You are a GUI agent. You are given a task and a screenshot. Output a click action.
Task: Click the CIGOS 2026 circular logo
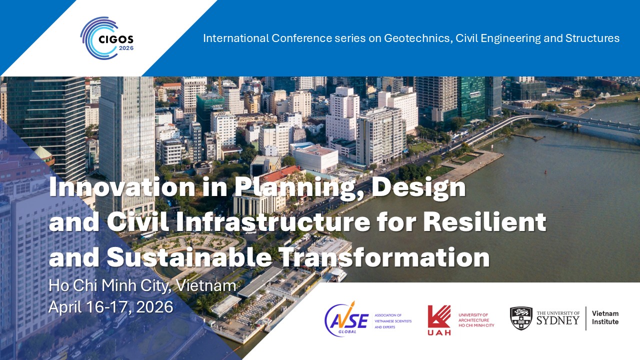107,38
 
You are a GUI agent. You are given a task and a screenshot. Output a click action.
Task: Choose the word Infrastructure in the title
273,222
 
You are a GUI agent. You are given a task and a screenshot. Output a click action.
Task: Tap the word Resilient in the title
485,222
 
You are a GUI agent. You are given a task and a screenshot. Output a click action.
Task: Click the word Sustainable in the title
189,257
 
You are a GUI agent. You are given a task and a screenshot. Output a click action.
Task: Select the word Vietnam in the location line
206,285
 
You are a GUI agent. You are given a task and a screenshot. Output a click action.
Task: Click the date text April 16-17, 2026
111,307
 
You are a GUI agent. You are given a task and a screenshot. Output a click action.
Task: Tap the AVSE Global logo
346,319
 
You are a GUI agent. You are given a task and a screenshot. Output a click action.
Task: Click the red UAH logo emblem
439,320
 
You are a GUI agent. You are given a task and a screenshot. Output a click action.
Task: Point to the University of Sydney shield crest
521,318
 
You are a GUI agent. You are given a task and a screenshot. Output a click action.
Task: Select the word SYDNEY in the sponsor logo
557,320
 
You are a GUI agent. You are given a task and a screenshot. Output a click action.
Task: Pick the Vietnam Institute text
605,317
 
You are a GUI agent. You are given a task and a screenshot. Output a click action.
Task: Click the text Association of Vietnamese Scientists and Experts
393,321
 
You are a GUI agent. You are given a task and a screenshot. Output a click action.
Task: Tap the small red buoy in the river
545,171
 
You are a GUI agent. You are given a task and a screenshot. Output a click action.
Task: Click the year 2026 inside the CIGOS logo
126,48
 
